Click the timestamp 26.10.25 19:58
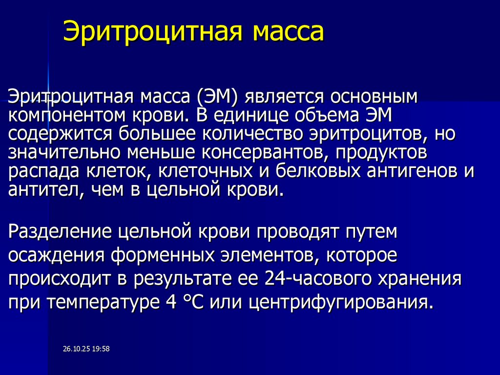[x=86, y=349]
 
